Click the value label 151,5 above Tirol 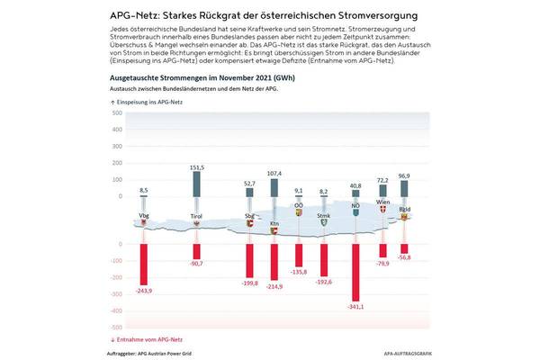click(x=197, y=167)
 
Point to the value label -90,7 click(x=196, y=263)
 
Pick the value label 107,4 click(x=274, y=173)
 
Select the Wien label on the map click(x=382, y=203)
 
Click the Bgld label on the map click(x=405, y=208)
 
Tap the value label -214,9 click(x=274, y=286)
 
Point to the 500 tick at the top click(x=117, y=114)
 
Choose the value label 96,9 click(x=404, y=175)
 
